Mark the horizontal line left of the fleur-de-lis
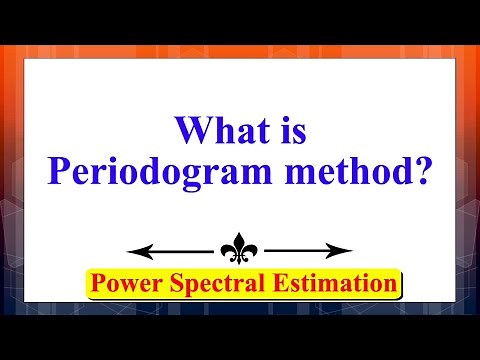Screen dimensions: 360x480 [180, 250]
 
